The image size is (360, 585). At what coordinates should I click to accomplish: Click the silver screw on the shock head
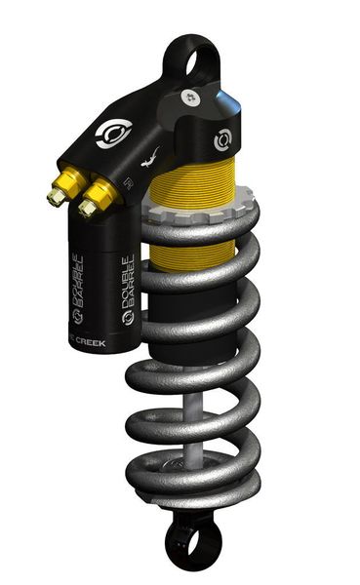point(189,97)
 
